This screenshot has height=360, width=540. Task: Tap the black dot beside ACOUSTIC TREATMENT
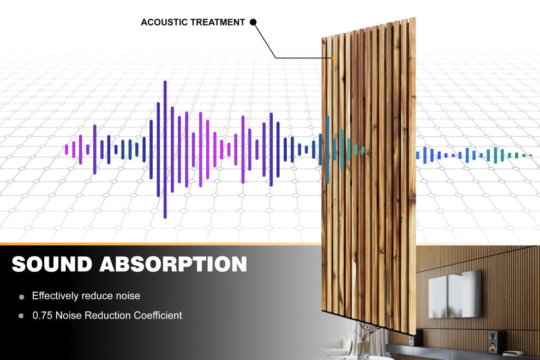253,22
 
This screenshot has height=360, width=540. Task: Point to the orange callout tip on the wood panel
333,57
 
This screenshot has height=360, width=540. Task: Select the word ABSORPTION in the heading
173,264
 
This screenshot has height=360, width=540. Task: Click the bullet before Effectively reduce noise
21,297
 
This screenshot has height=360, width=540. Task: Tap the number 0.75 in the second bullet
41,315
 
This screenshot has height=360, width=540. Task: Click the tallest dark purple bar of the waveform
165,149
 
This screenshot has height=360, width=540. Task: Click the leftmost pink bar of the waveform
67,149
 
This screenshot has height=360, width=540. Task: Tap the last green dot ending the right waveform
530,155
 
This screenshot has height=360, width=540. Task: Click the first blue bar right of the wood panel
418,155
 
